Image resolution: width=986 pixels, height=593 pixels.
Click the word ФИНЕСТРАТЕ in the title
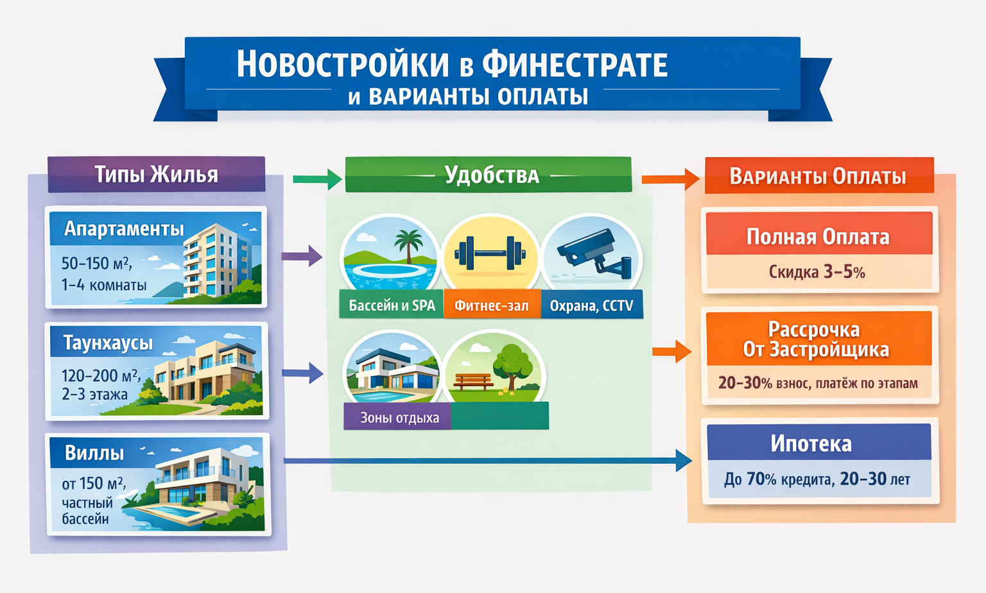pos(575,65)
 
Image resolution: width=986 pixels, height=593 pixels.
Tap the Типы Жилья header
pos(156,175)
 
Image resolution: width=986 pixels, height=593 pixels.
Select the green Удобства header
pos(491,175)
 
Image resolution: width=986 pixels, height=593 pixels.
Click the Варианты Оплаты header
pos(818,176)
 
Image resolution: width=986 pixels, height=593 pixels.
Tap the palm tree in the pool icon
pos(408,244)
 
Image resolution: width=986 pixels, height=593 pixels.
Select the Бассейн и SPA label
pos(392,305)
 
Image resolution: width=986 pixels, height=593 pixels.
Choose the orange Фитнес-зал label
pos(491,305)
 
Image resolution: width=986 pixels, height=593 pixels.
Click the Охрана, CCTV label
pos(591,305)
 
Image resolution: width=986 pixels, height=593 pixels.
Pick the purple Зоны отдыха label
pos(399,418)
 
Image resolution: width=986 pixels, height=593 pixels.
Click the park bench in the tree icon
pos(473,381)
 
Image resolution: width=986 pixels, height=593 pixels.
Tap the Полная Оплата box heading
pos(818,237)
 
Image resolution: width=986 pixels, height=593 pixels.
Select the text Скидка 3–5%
pos(817,272)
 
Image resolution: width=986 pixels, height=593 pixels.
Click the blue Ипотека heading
pos(811,443)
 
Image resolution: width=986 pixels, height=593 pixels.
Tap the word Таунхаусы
pos(108,343)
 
